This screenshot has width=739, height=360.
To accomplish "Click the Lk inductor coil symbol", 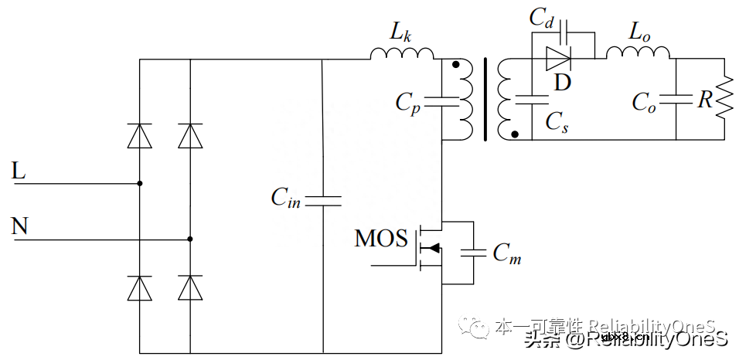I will tap(402, 53).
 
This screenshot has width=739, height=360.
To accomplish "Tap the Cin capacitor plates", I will tap(322, 200).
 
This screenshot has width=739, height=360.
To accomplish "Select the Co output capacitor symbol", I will tap(676, 99).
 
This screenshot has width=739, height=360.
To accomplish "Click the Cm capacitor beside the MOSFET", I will tap(472, 252).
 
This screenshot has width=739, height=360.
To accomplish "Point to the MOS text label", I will tap(380, 239).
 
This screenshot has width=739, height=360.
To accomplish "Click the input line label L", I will tap(19, 171).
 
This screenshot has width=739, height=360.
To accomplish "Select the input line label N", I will tap(20, 226).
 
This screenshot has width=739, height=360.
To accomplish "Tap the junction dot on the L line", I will tap(139, 184).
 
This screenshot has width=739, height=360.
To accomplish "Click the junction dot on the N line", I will tap(190, 239).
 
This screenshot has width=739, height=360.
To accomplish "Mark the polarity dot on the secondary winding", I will tap(514, 134).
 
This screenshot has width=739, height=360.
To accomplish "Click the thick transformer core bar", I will tap(485, 100).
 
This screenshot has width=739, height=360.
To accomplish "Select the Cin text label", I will tap(285, 198).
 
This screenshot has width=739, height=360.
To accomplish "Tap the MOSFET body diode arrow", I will tap(433, 247).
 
